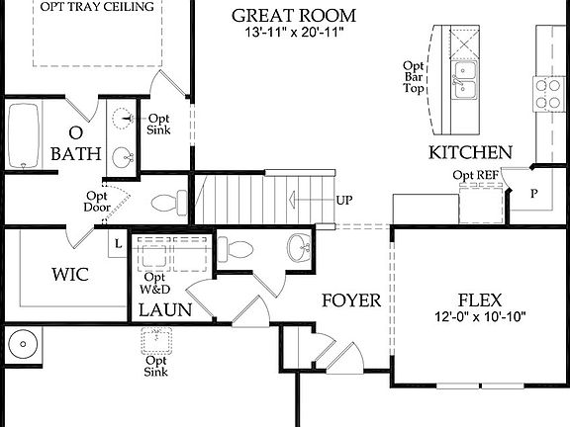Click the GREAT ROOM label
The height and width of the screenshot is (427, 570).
pyautogui.click(x=292, y=15)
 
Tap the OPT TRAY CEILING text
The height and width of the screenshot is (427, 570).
pyautogui.click(x=97, y=7)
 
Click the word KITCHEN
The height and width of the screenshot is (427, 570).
pyautogui.click(x=470, y=152)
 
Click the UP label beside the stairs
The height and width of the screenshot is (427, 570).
pyautogui.click(x=344, y=201)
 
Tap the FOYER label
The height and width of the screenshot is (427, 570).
pyautogui.click(x=350, y=299)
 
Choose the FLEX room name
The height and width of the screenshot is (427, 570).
pyautogui.click(x=480, y=299)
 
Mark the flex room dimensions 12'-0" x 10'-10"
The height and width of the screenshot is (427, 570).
pyautogui.click(x=480, y=317)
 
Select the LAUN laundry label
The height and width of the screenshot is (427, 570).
pyautogui.click(x=164, y=310)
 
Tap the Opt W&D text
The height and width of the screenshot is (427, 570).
pyautogui.click(x=155, y=283)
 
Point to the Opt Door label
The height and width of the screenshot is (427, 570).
pyautogui.click(x=96, y=201)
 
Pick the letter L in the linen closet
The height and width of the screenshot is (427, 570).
pyautogui.click(x=118, y=242)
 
